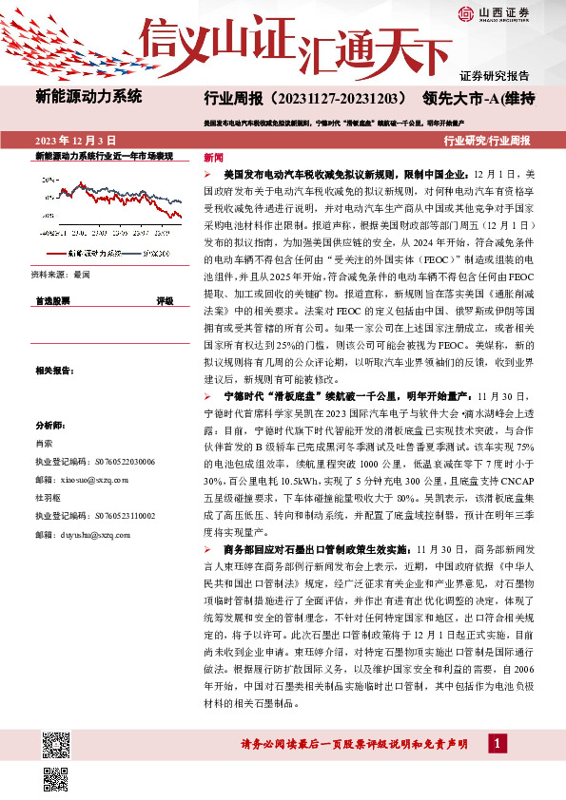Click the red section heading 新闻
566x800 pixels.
coord(214,157)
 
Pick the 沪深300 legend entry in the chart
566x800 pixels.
coord(153,255)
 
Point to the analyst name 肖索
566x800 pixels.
coord(44,443)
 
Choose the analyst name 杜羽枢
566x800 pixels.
coord(49,497)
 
